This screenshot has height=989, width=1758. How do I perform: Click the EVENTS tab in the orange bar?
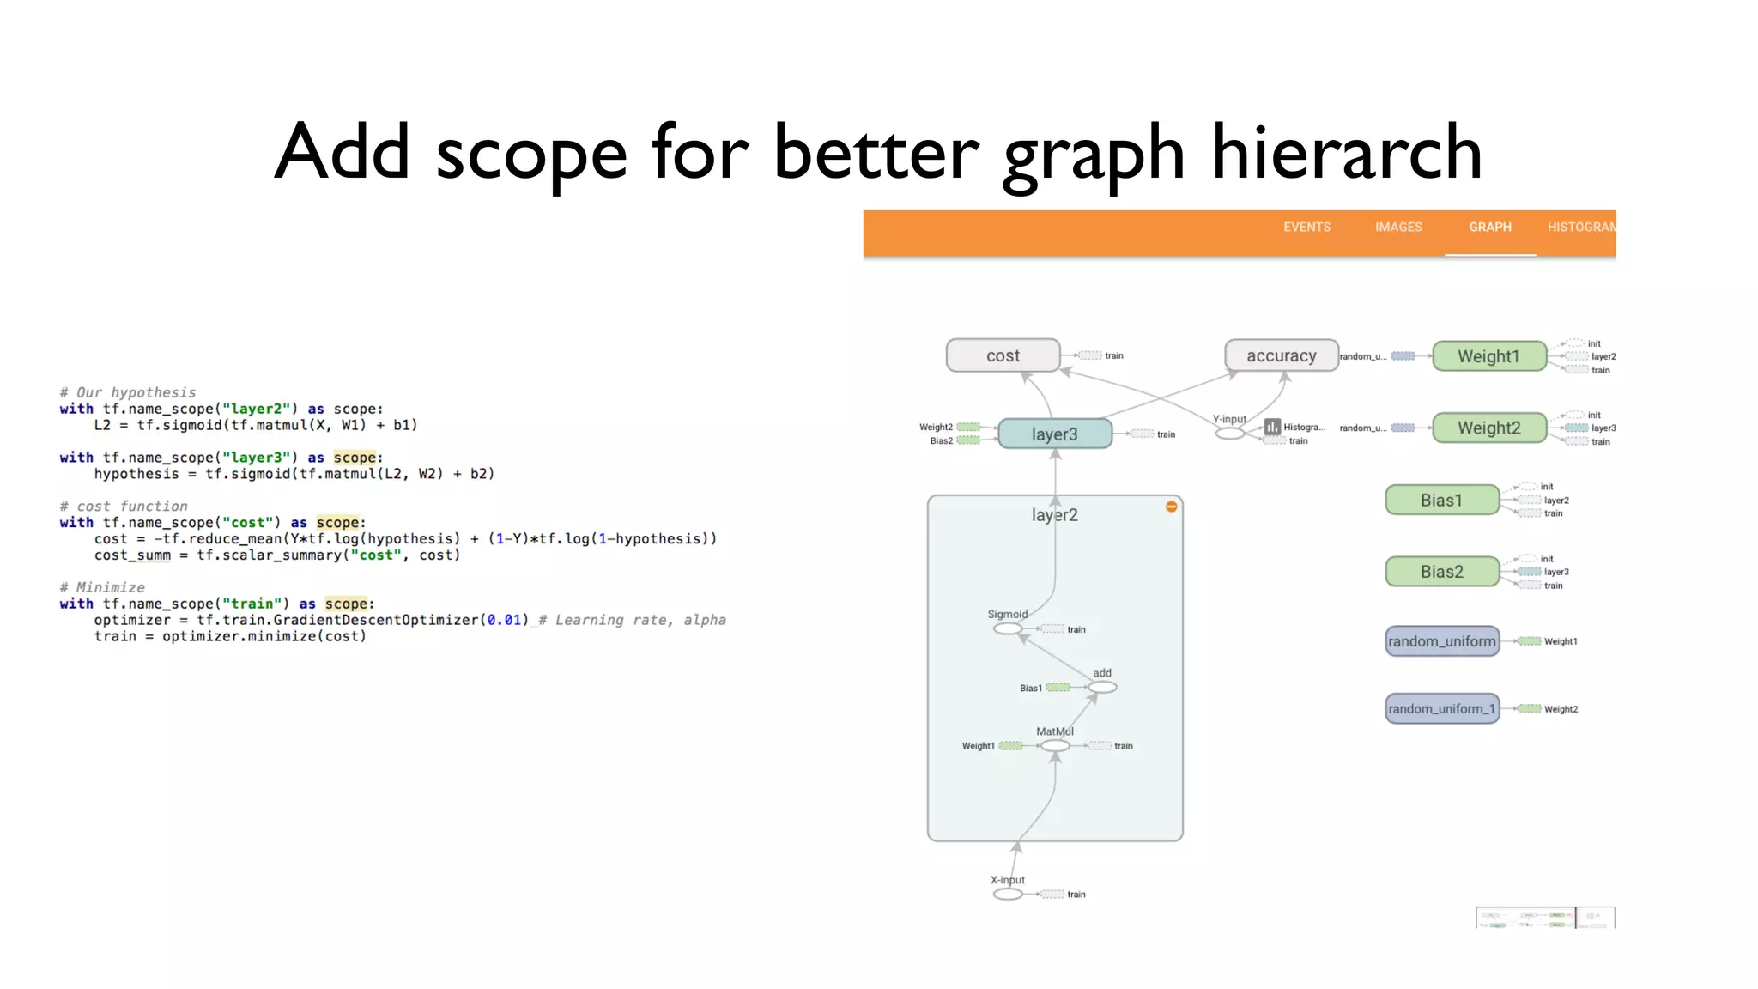[1306, 228]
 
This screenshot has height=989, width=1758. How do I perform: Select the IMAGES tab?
[1398, 228]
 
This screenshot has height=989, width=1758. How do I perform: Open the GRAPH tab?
[1490, 228]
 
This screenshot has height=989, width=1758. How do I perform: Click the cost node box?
[1003, 355]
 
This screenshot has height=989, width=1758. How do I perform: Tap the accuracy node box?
[1281, 355]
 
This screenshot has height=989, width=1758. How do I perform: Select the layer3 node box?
[1054, 434]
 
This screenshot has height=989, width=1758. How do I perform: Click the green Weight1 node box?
[1488, 356]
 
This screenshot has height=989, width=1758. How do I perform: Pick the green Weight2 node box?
[1488, 428]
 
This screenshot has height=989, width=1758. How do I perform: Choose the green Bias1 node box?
[1441, 501]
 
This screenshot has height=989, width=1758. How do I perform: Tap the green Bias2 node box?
[1441, 572]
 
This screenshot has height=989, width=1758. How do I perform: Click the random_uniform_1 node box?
[1441, 709]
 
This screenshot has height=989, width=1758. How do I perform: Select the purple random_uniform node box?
[1441, 641]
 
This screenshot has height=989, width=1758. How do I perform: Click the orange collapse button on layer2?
[1171, 507]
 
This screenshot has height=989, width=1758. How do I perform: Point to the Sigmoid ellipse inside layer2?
[1008, 629]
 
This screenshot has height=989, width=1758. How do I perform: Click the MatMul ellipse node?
[1055, 746]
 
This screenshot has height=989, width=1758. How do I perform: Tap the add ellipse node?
[1102, 688]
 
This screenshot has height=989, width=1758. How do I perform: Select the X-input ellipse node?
[1008, 895]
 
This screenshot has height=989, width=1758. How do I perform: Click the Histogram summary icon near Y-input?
[1272, 427]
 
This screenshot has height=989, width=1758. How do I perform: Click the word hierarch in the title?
[1346, 153]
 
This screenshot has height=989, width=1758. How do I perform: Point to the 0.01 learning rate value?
[504, 620]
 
